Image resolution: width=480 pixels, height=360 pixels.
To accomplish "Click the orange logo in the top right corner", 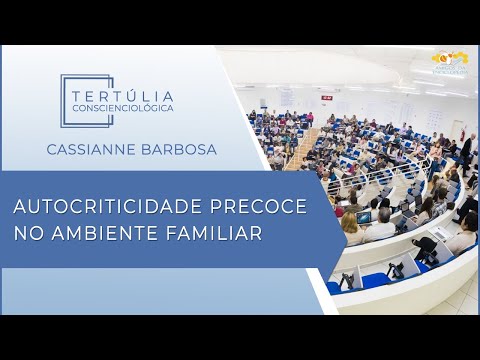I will click(450, 63).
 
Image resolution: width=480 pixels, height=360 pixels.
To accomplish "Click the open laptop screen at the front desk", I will click(365, 217).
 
